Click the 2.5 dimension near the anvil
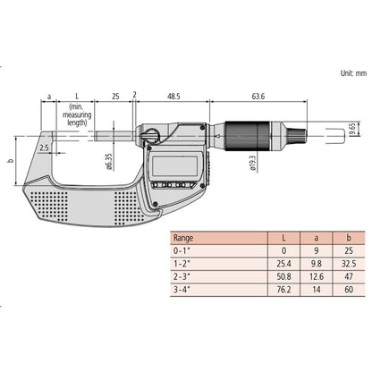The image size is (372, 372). [46, 147]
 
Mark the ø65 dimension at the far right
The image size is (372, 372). [352, 131]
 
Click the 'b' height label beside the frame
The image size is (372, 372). [10, 162]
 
